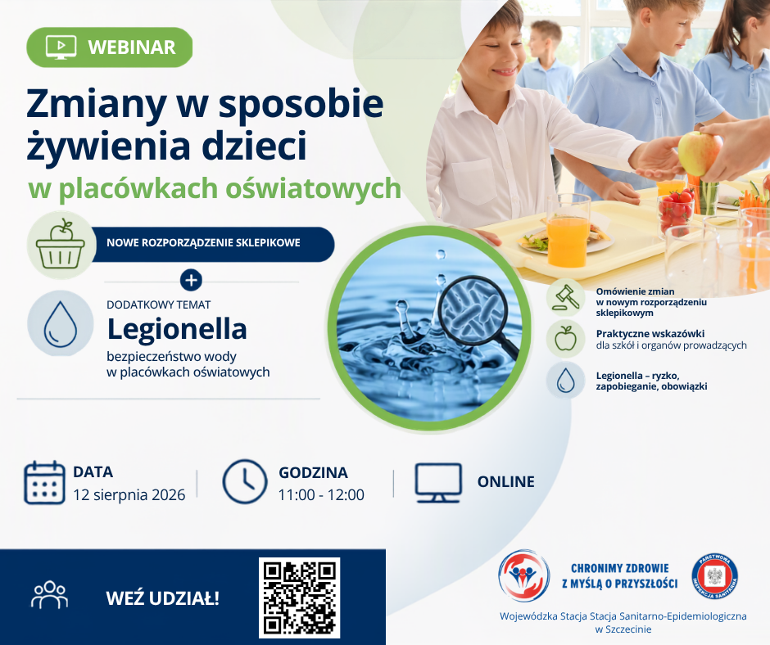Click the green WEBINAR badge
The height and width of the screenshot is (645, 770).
coord(109,47)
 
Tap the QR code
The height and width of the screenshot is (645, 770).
coord(300,598)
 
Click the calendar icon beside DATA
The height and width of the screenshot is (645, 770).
coord(44,483)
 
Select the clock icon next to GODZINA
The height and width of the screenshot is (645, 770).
coord(245,482)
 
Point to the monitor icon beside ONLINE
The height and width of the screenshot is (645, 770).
coord(438,483)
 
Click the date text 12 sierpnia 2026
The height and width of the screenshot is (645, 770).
coord(129,494)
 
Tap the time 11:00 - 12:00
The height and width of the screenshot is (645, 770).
coord(321,494)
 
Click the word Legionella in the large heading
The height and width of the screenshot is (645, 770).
coord(177,329)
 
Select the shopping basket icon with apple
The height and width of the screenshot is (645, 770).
coord(61,245)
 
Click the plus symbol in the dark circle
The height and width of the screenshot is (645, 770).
coord(191,280)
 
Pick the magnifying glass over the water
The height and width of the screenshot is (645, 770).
coord(478,317)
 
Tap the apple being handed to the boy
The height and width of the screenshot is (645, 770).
coord(700,153)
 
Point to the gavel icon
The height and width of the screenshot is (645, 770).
coord(566,297)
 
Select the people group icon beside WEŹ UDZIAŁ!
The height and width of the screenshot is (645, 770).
coord(50,595)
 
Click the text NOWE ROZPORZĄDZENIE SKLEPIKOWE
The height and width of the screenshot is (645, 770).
coord(203,242)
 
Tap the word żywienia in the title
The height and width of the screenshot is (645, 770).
coord(111,146)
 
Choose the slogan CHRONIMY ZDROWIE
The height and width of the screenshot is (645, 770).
coord(620,568)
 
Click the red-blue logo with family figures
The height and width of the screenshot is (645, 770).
coord(523,575)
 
